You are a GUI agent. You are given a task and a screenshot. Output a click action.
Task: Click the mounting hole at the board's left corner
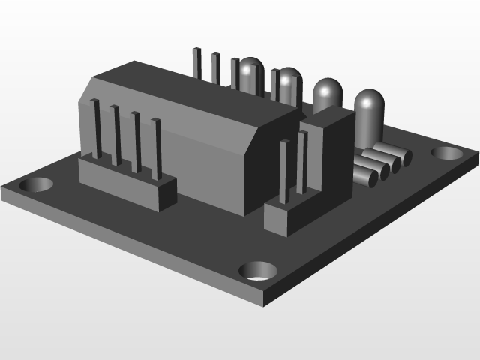tap(36, 184)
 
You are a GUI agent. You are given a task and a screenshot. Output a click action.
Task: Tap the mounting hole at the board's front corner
tap(257, 271)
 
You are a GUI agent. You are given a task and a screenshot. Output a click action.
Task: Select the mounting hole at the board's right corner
tap(448, 153)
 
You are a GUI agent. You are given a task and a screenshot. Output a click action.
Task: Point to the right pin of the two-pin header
tap(303, 163)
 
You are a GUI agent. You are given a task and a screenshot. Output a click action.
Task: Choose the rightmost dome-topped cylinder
tap(368, 112)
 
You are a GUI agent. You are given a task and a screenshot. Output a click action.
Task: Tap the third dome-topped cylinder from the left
tap(327, 94)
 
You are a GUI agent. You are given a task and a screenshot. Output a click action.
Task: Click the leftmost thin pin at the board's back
tap(197, 64)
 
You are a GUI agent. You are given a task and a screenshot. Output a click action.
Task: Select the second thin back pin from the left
tap(216, 67)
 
